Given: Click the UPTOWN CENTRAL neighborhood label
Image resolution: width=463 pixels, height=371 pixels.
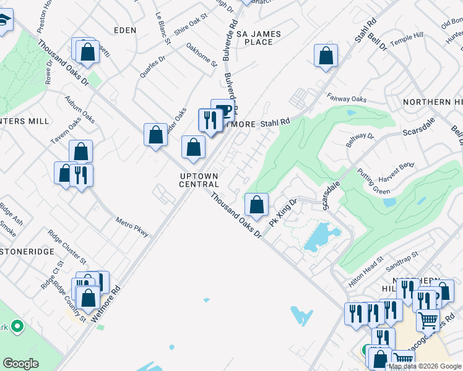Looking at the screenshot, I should (x=199, y=180).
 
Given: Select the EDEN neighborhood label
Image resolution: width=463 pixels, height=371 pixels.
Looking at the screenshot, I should (x=124, y=30).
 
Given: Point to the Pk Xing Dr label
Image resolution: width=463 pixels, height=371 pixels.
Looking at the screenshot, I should (x=284, y=211).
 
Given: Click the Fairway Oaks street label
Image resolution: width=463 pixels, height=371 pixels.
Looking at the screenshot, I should (x=347, y=99).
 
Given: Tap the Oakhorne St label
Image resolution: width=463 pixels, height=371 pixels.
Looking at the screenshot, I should (x=202, y=54).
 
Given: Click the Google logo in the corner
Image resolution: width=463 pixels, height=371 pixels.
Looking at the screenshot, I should (x=20, y=364).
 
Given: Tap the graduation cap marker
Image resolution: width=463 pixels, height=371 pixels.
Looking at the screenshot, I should (x=4, y=23).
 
